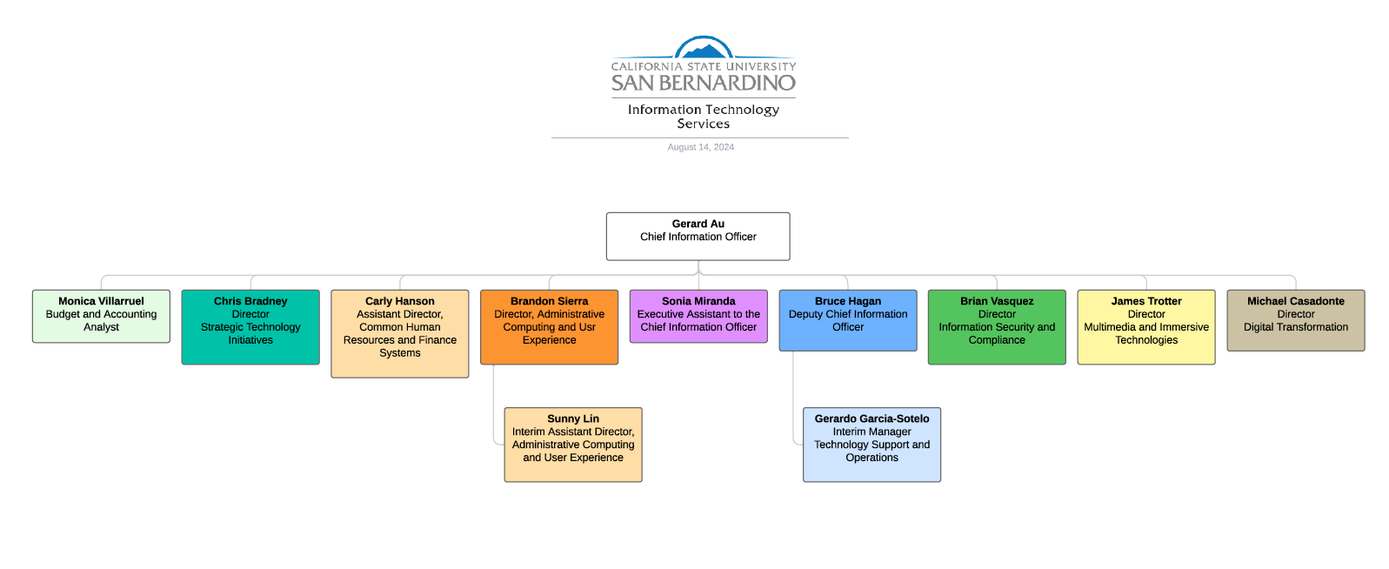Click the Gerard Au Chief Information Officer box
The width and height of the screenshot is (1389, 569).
(x=698, y=236)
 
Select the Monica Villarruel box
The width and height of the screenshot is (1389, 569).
(x=101, y=316)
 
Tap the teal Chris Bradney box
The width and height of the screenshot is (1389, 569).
(x=250, y=327)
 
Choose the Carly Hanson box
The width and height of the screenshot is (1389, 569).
(x=399, y=333)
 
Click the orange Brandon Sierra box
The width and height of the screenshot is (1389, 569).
(x=549, y=327)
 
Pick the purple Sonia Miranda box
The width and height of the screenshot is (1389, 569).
(x=698, y=316)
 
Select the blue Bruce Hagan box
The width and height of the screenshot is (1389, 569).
(x=847, y=320)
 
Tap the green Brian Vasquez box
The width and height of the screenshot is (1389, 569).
(x=997, y=327)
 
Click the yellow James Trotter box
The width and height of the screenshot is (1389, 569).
(x=1146, y=327)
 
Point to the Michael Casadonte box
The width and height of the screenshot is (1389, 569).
(x=1295, y=320)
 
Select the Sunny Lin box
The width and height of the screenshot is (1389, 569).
(x=573, y=445)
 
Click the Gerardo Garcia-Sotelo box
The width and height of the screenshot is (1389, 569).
(x=871, y=445)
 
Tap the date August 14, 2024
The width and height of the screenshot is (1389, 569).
(x=700, y=147)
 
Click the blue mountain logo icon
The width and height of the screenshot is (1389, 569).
(x=704, y=48)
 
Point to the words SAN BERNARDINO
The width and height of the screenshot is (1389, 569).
(x=703, y=84)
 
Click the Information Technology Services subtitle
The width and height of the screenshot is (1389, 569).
(x=703, y=117)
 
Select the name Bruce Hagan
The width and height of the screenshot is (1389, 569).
(x=847, y=301)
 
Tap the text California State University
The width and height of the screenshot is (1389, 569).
(x=703, y=66)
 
